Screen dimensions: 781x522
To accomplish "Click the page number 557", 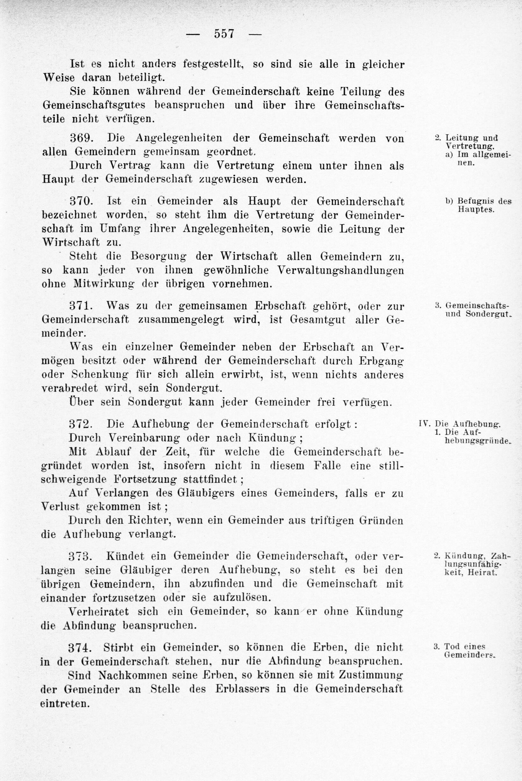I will [x=225, y=34].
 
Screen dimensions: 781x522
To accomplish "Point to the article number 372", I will [x=80, y=424].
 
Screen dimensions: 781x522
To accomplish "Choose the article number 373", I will [x=80, y=556].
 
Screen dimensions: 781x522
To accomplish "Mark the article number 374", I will [x=80, y=647].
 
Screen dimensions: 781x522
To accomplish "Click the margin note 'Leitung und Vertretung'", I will [x=471, y=141].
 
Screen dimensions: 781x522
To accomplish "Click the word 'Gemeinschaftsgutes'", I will [x=94, y=105].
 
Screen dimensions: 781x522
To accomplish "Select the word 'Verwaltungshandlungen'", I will [x=340, y=270].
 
